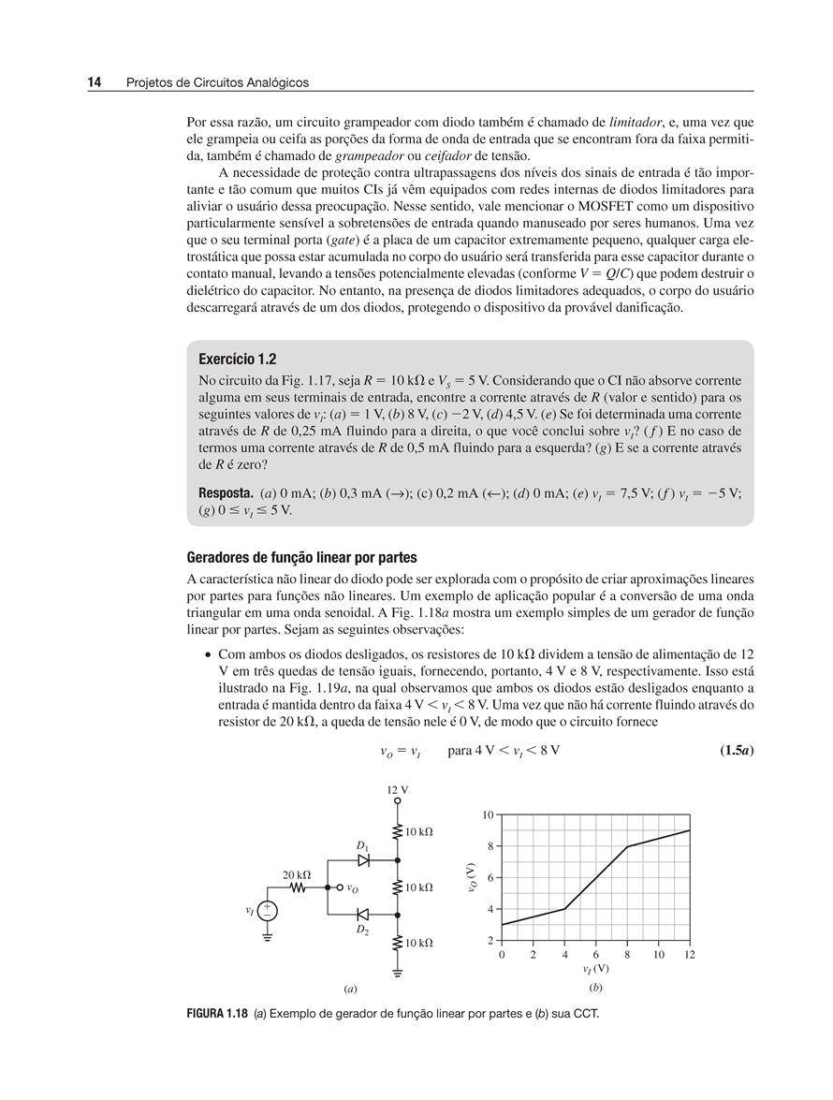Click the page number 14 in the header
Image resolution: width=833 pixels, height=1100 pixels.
click(95, 82)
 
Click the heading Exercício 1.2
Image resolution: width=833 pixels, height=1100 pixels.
click(238, 359)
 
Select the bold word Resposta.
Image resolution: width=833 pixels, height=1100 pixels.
click(226, 492)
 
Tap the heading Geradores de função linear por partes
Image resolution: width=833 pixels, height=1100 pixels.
click(301, 558)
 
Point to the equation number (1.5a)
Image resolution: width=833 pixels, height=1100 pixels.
click(735, 751)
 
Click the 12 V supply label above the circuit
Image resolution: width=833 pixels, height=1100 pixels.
click(398, 789)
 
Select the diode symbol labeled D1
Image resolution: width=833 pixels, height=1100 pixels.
click(364, 858)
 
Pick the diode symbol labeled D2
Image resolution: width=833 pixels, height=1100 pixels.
click(364, 914)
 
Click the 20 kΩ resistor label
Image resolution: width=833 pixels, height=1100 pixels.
click(297, 874)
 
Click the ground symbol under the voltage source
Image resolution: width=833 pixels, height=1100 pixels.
click(267, 937)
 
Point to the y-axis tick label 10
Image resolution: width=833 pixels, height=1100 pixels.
click(489, 814)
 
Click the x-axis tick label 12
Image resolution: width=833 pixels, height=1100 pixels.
click(690, 955)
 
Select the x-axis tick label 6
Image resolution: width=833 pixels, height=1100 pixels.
click(595, 955)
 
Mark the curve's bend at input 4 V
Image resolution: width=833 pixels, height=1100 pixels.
click(564, 909)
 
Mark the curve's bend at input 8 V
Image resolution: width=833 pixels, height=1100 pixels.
click(627, 846)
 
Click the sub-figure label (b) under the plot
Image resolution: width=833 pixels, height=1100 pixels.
click(595, 988)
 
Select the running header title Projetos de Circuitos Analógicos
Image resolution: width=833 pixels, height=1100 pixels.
click(217, 82)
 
